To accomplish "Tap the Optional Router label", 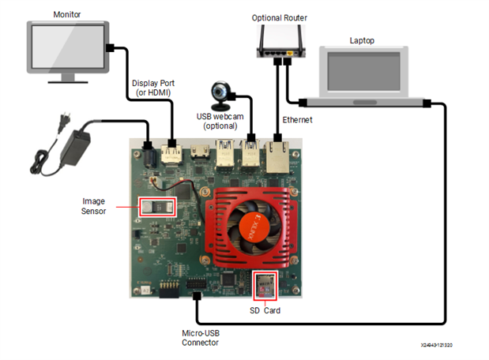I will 279,17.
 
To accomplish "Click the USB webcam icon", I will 220,96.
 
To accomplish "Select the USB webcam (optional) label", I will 220,122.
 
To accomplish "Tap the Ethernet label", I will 298,120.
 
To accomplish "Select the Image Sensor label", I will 93,207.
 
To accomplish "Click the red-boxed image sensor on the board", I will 156,207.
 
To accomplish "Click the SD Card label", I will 265,311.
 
